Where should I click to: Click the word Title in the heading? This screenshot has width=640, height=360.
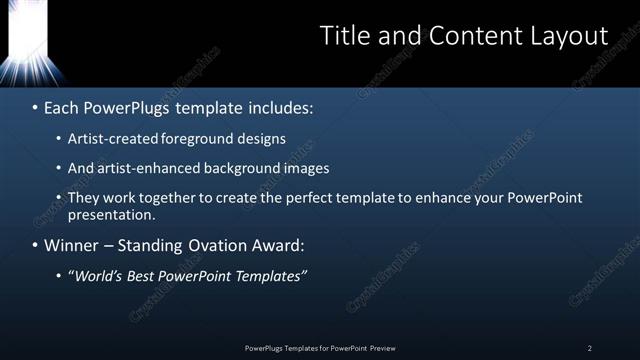pyautogui.click(x=343, y=36)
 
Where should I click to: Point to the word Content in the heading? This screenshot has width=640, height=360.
pyautogui.click(x=470, y=36)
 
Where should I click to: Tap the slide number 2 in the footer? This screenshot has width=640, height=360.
pyautogui.click(x=589, y=348)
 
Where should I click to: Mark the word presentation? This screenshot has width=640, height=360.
pyautogui.click(x=112, y=215)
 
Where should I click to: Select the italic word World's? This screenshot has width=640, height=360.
pyautogui.click(x=97, y=276)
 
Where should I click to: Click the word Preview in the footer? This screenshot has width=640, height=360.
pyautogui.click(x=382, y=348)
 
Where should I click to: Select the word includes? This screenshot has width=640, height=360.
pyautogui.click(x=281, y=106)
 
